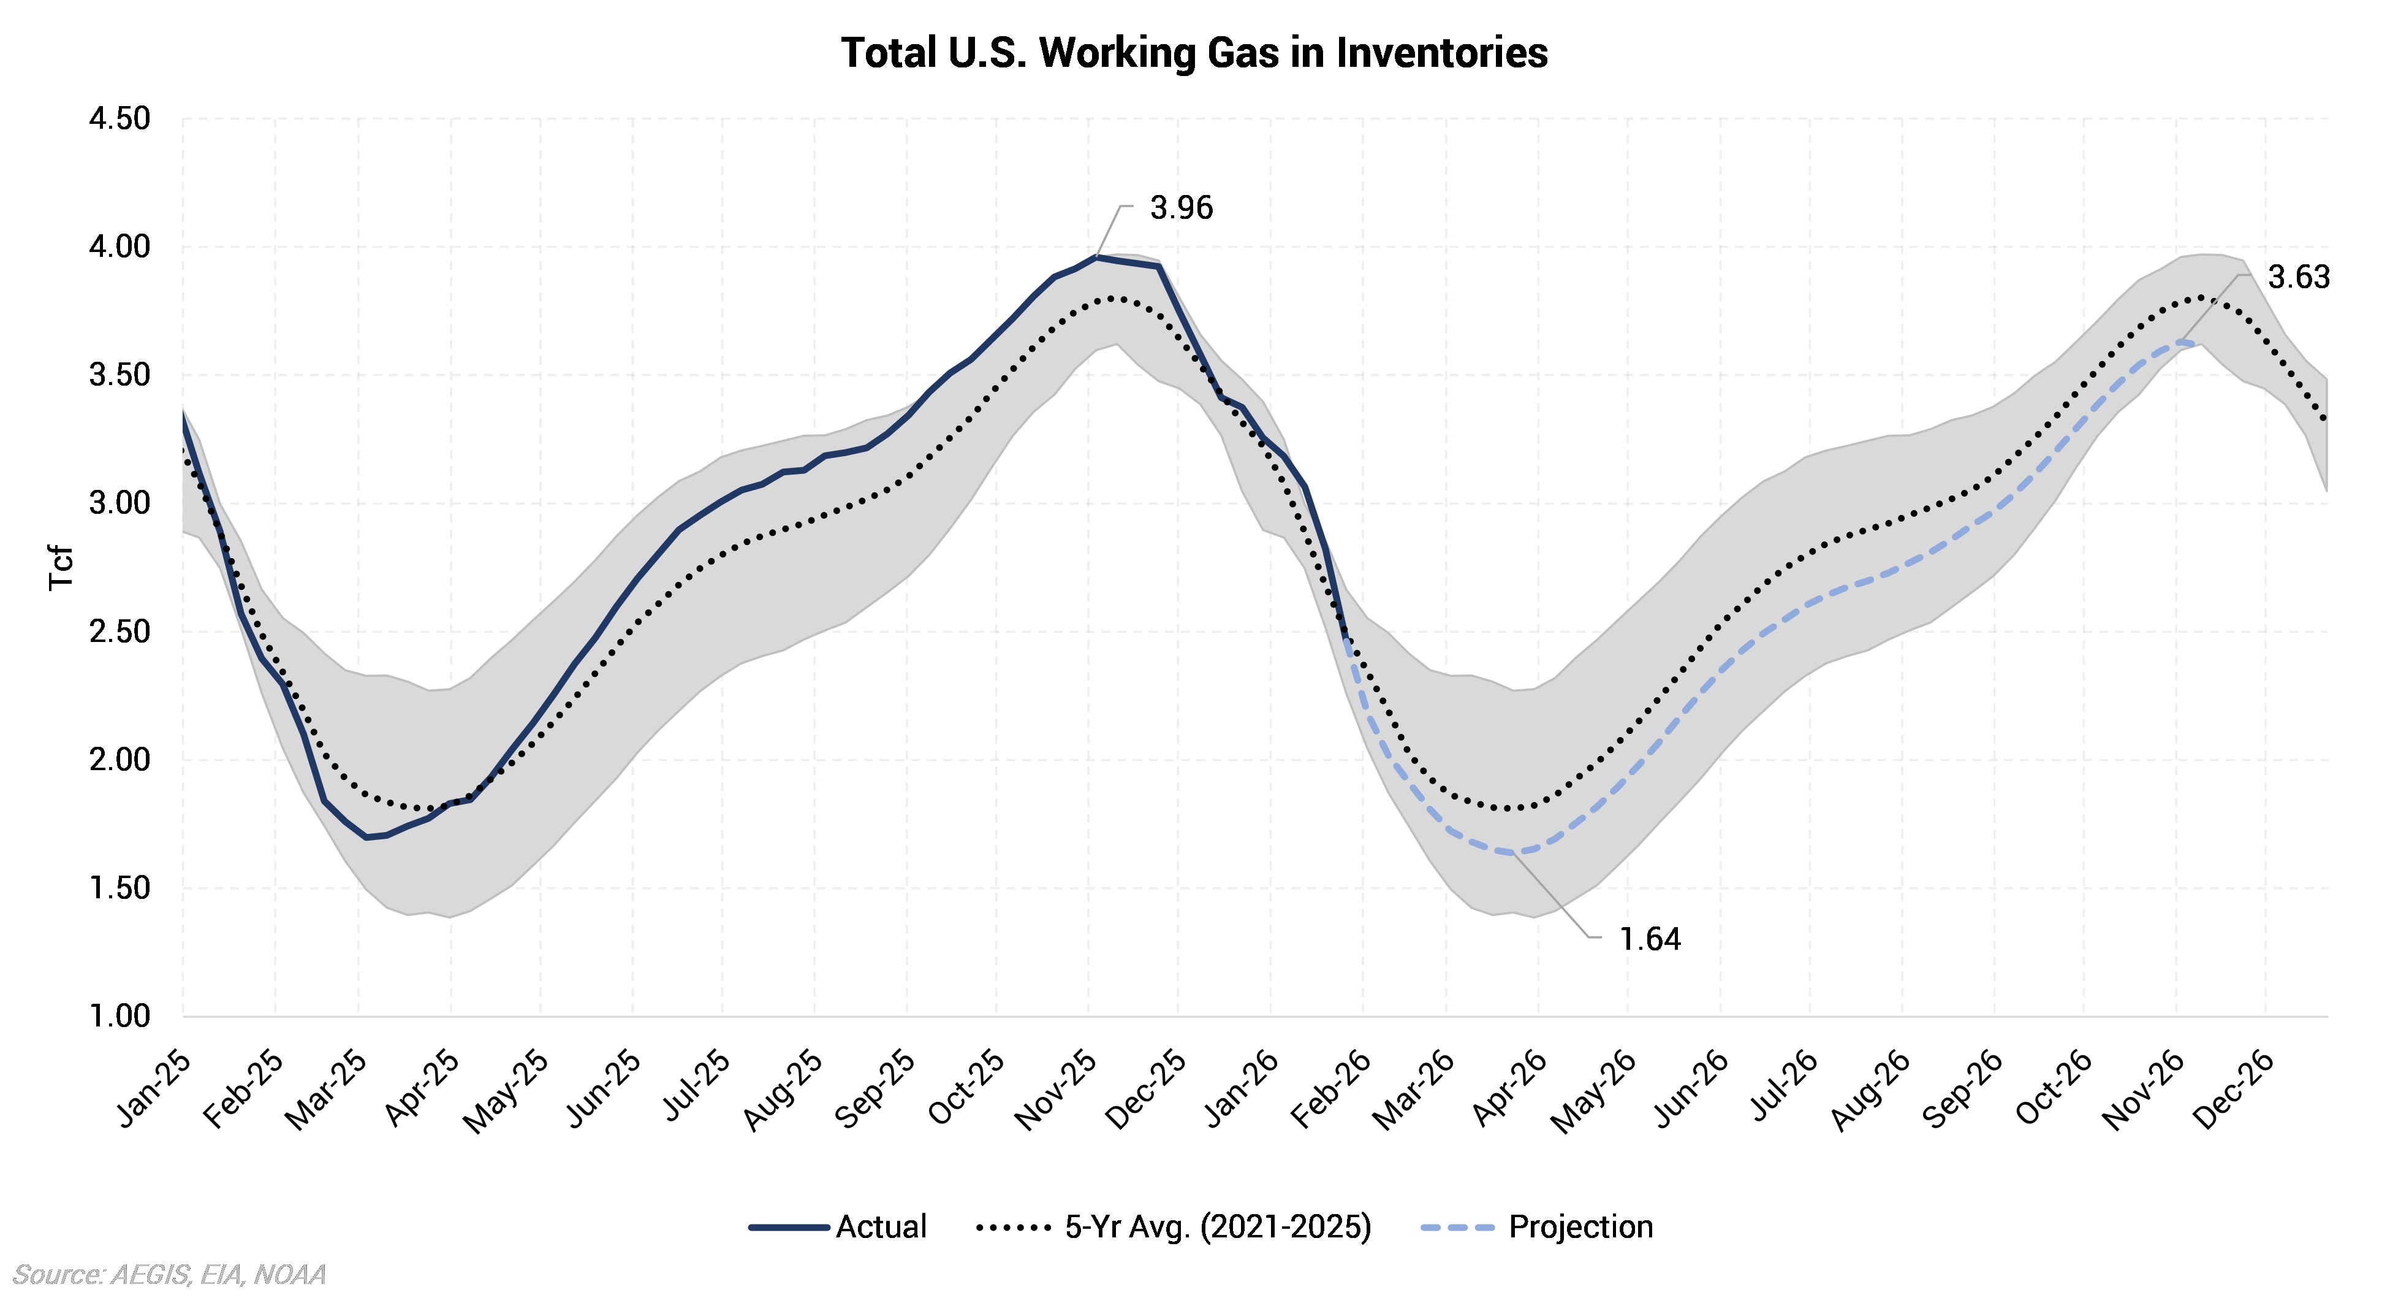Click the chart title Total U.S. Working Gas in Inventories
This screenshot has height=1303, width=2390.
coord(1194,53)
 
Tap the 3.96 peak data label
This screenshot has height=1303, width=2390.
coord(1181,208)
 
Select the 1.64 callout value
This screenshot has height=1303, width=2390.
coord(1650,939)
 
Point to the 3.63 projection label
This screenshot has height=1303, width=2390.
coord(2298,278)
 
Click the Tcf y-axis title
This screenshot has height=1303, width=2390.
coord(61,567)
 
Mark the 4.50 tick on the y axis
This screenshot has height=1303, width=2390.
coord(119,119)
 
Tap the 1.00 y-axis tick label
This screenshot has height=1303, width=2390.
coord(119,1016)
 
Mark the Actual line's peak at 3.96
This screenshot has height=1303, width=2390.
coord(1097,256)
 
